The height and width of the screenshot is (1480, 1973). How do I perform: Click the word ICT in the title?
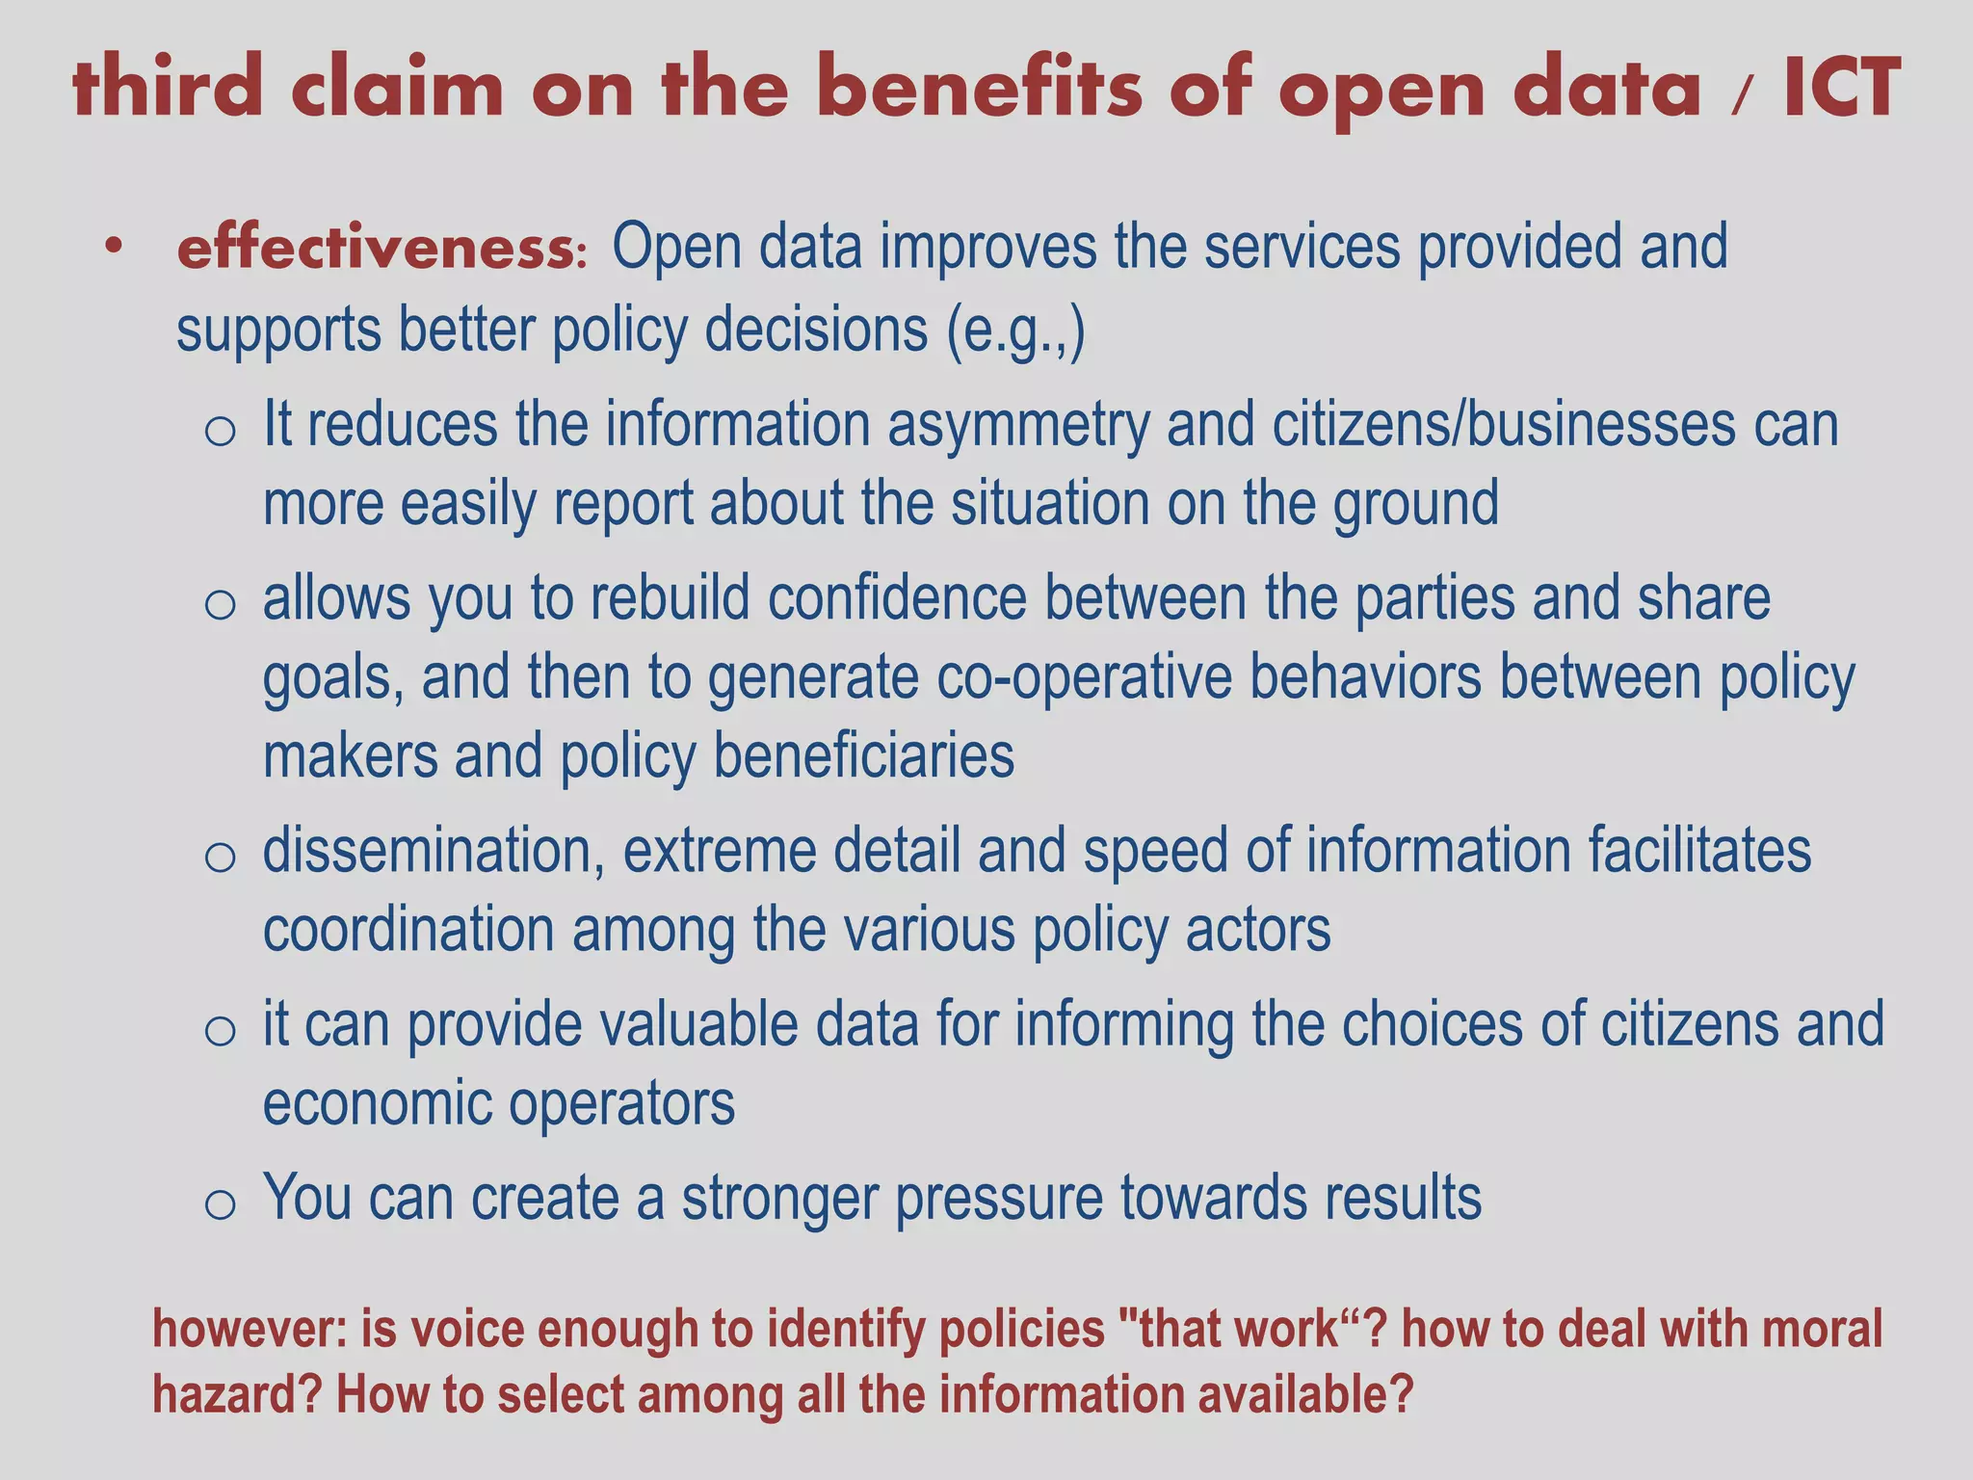1841,88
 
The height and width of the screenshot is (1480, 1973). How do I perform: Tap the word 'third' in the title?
167,88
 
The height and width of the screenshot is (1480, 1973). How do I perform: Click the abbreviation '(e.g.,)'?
1015,330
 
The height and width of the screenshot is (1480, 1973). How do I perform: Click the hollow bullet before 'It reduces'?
220,430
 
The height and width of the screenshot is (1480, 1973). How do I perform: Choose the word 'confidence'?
897,598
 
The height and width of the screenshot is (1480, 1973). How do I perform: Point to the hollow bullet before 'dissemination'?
220,856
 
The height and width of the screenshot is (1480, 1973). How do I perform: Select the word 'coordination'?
408,931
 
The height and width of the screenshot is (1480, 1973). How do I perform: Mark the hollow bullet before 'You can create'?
220,1202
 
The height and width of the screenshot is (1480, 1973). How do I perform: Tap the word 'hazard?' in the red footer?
236,1395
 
